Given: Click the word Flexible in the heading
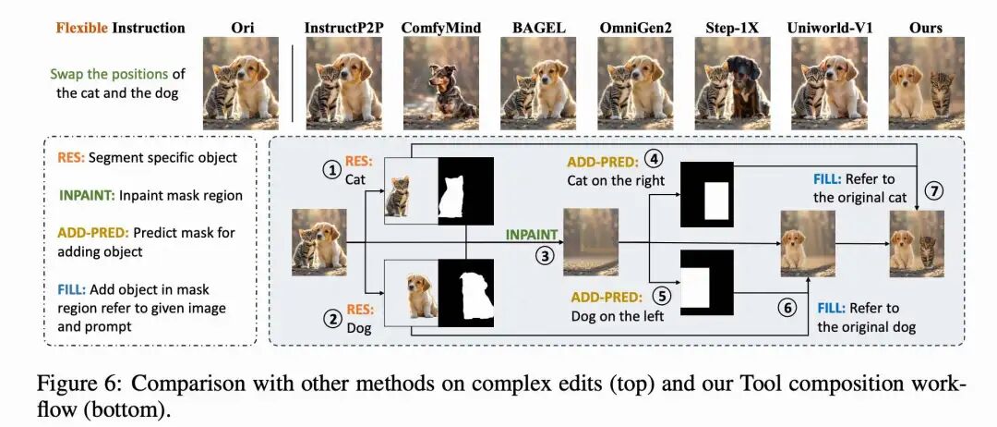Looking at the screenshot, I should click(81, 28).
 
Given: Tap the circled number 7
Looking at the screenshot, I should click(934, 191).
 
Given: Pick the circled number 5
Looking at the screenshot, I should click(660, 297).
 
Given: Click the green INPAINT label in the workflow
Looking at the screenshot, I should click(532, 236).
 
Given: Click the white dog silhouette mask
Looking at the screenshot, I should click(465, 292).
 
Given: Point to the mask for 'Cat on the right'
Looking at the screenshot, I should click(706, 195).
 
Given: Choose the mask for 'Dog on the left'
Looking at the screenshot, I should click(706, 283).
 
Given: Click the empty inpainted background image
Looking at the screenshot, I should click(590, 242).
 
